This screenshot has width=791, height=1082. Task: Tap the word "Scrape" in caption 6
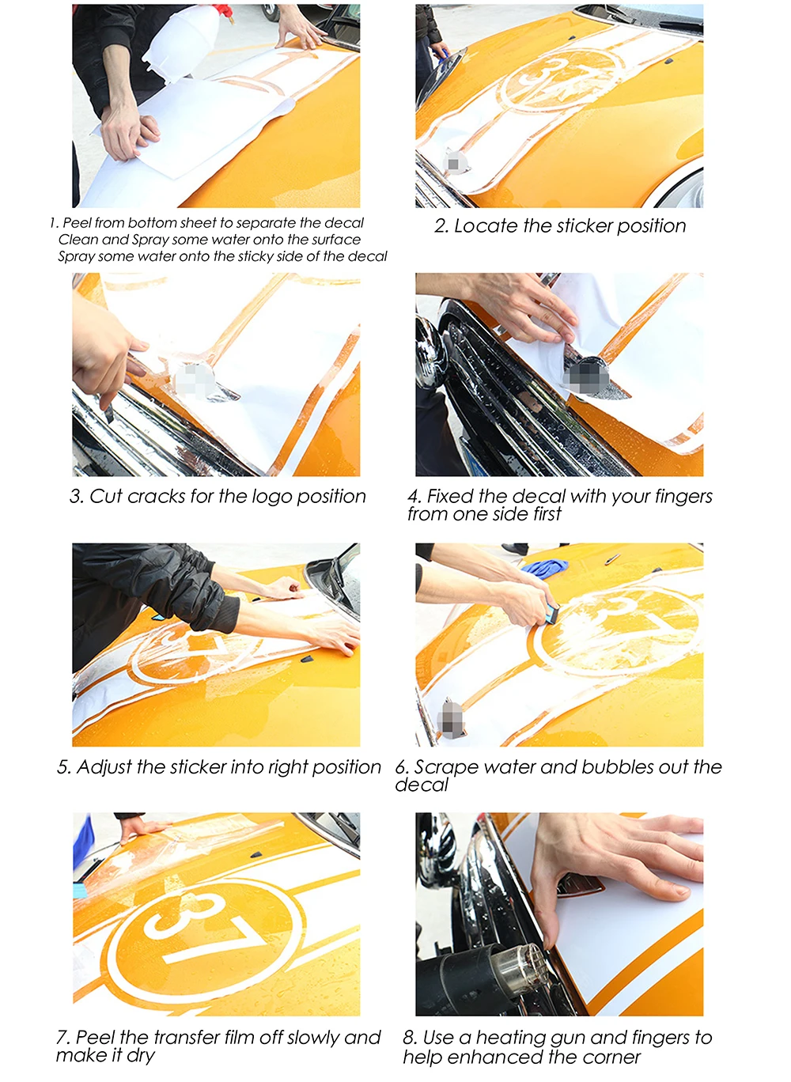(x=448, y=767)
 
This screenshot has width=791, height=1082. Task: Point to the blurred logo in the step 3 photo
(x=193, y=380)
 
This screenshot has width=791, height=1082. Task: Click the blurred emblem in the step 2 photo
(x=454, y=163)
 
